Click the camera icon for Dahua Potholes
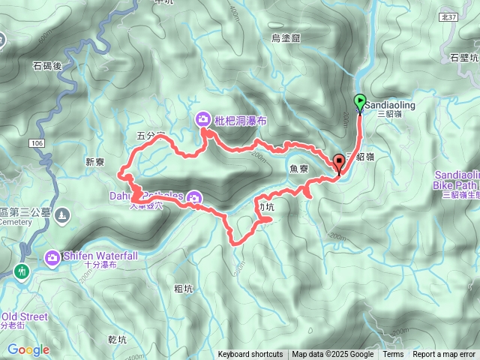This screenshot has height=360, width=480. pyautogui.click(x=194, y=198)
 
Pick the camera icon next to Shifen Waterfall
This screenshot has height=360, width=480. pyautogui.click(x=52, y=258)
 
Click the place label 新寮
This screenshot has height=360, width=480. pyautogui.click(x=97, y=162)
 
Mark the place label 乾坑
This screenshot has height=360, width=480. pyautogui.click(x=118, y=339)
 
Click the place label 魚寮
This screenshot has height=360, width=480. pyautogui.click(x=299, y=169)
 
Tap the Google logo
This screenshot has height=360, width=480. pyautogui.click(x=28, y=349)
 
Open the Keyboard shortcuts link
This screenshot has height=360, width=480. pyautogui.click(x=250, y=355)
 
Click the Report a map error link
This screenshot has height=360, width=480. pyautogui.click(x=444, y=355)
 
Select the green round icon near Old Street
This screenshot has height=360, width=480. pyautogui.click(x=22, y=271)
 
